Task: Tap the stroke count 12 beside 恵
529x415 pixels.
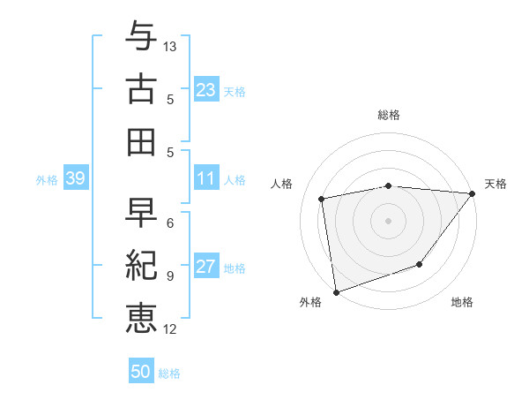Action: click(x=171, y=329)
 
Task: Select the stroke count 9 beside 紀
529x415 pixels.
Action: click(x=169, y=276)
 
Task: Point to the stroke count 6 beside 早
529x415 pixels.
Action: click(x=169, y=223)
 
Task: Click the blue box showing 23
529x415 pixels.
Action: click(x=206, y=90)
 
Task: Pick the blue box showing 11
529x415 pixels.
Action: click(x=206, y=179)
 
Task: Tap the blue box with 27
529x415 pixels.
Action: click(x=206, y=268)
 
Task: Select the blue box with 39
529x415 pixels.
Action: click(x=75, y=179)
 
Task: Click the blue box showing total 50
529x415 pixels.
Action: click(x=141, y=372)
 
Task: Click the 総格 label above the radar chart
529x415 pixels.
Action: click(x=388, y=115)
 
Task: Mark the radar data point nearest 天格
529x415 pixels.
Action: click(x=473, y=194)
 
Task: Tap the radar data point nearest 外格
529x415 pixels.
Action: click(x=335, y=291)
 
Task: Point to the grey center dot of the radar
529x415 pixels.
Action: click(x=388, y=220)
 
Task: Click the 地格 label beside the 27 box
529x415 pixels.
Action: click(x=235, y=268)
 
